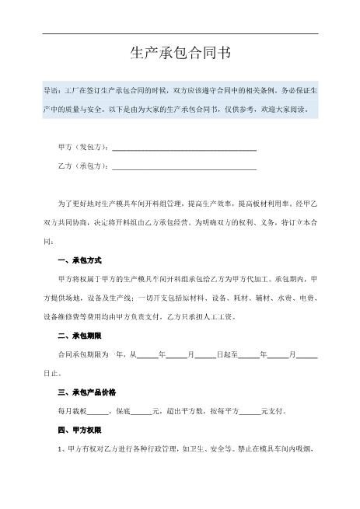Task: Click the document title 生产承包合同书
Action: [180, 53]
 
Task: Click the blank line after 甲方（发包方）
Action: [184, 147]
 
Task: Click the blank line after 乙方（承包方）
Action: [184, 167]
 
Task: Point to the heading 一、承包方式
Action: [80, 260]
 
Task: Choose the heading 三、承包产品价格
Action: [89, 392]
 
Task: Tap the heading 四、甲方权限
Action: [80, 429]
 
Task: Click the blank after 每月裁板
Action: [97, 411]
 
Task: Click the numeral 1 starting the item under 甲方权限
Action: [60, 448]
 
